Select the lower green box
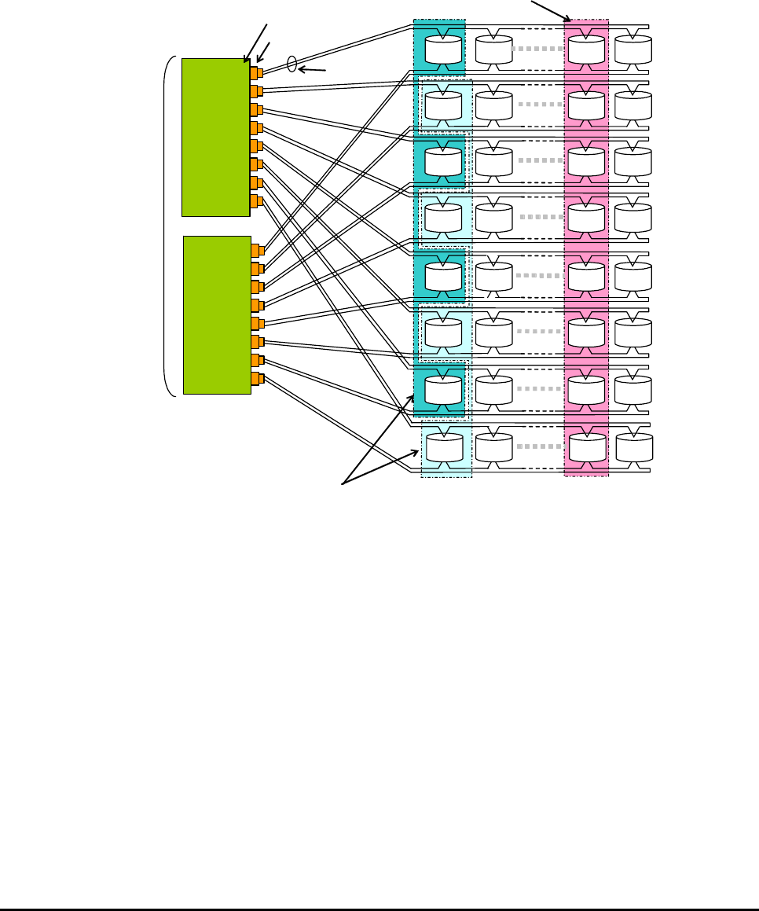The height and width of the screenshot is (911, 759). point(217,314)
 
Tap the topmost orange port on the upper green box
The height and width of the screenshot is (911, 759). point(256,73)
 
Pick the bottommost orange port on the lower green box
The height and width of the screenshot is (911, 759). point(257,379)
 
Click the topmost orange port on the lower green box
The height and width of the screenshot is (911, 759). point(257,251)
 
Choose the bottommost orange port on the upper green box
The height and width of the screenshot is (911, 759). point(256,201)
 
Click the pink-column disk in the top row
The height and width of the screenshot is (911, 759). point(586,49)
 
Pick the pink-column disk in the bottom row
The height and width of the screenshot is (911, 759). point(587,447)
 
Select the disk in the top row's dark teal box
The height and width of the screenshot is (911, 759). point(443,49)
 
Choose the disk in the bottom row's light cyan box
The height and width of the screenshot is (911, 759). point(444,447)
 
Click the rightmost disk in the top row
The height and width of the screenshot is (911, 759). point(633,49)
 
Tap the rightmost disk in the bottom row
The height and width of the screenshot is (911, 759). point(634,447)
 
